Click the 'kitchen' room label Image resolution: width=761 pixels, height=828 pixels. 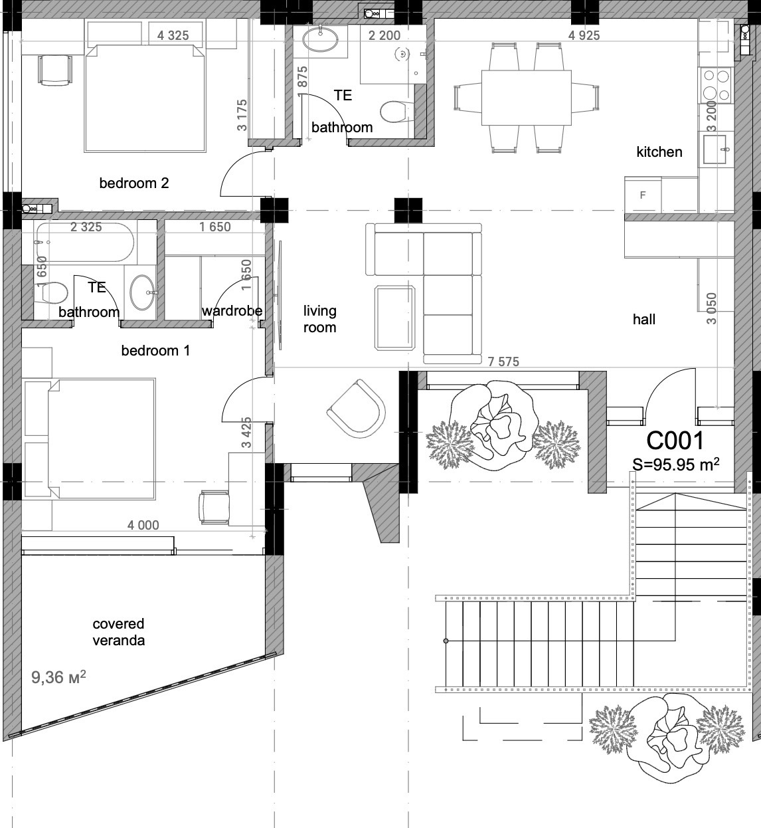tap(659, 152)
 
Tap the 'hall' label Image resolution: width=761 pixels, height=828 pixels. tap(644, 319)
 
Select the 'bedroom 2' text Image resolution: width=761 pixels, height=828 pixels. tap(134, 183)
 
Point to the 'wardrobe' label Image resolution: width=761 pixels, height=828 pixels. tap(232, 310)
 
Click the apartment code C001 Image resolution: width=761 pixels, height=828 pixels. tap(675, 441)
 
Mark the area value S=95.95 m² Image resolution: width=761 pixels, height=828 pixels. tap(675, 465)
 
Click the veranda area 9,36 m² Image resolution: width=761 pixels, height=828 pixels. tap(58, 677)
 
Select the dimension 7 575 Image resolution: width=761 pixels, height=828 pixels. tap(503, 362)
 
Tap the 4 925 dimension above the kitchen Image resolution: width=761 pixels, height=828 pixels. tap(584, 35)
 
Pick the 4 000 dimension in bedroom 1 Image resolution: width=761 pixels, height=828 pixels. tap(143, 525)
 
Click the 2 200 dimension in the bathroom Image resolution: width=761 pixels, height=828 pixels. tap(384, 35)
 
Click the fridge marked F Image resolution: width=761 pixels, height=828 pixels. tap(643, 195)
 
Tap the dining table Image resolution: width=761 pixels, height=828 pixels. tap(527, 98)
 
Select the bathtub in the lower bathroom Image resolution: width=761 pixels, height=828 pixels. tap(84, 243)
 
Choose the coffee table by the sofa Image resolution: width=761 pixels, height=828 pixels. tap(394, 318)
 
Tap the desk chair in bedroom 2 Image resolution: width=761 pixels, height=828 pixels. tap(55, 70)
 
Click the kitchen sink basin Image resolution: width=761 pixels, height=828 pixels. tap(715, 149)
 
